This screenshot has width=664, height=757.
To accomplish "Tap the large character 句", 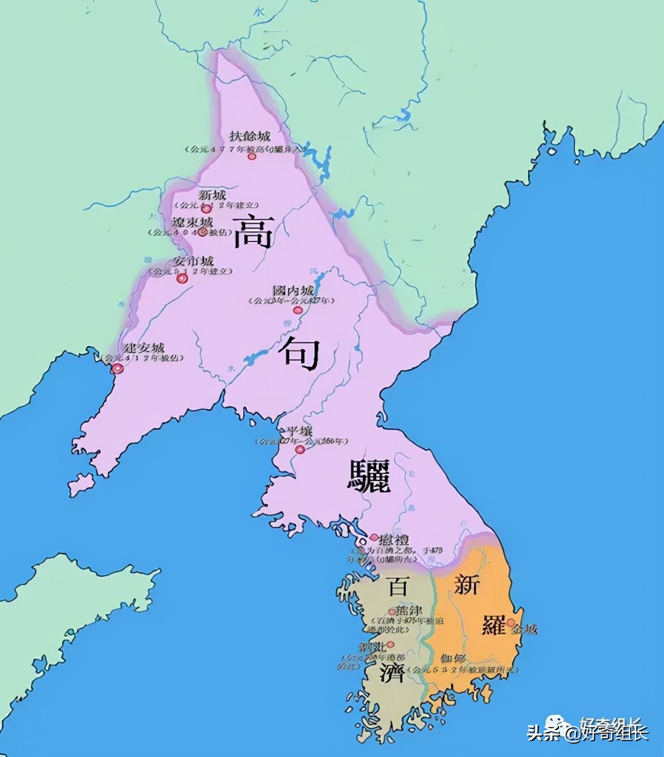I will click(299, 353).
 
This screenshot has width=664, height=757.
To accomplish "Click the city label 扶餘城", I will click(250, 136).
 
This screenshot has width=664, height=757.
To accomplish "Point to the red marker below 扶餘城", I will click(252, 156).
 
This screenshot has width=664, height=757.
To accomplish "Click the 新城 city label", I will click(212, 194).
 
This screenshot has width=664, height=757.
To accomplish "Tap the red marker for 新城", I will click(206, 209).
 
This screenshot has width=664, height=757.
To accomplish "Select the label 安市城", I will click(193, 261).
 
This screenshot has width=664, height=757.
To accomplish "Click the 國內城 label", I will click(293, 290).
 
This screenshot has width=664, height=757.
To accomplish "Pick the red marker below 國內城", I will click(297, 310).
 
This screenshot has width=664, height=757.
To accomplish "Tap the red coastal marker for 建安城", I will click(119, 368).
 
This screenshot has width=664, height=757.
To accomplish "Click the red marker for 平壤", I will click(299, 450).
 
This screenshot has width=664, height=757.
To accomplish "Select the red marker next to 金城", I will click(511, 622).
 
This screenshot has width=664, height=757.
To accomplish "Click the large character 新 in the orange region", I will click(467, 584).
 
